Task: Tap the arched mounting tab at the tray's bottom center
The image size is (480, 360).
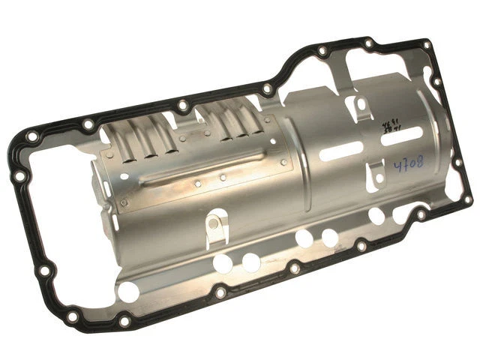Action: click(x=214, y=224)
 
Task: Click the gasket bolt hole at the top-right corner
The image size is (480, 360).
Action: click(x=427, y=44)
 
